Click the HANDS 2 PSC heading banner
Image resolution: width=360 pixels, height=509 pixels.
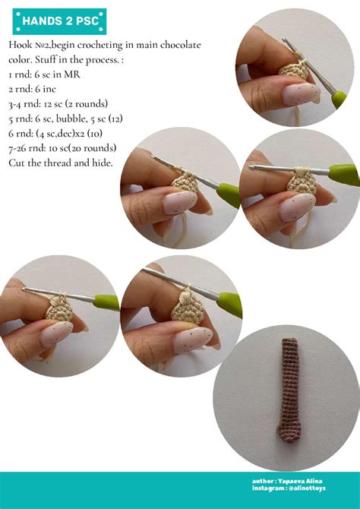59,21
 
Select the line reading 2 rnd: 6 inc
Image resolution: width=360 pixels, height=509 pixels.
32,90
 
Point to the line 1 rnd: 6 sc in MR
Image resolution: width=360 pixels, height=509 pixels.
45,74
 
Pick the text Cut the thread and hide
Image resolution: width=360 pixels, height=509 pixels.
61,163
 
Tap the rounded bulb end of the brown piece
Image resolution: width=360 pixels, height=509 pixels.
289,433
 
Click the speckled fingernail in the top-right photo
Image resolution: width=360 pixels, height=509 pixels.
301,93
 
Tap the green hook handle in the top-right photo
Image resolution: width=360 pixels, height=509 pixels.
339,99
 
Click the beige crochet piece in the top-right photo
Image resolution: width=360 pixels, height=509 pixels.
295,70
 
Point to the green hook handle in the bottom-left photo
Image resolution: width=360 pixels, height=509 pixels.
106,302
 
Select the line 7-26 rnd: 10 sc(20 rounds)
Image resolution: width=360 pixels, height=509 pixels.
62,149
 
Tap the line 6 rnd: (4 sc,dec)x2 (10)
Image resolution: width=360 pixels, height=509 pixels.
55,134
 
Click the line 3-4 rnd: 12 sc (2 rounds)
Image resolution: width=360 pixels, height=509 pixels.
58,104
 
